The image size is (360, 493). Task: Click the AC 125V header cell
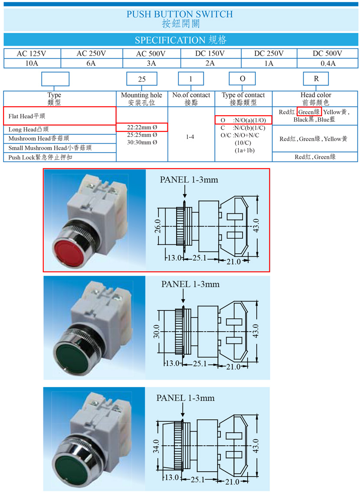31,53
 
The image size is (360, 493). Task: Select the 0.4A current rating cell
328,63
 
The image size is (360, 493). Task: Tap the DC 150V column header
210,53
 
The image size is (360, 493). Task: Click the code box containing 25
142,79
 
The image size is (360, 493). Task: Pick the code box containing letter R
316,78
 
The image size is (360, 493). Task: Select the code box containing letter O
242,78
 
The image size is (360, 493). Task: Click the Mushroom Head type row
60,139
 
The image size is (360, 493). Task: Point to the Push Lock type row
60,157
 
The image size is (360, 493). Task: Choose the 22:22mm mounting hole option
142,127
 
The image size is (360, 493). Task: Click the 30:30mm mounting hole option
142,142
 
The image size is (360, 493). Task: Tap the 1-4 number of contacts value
190,137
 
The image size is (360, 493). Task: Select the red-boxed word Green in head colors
309,112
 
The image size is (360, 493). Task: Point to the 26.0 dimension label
157,226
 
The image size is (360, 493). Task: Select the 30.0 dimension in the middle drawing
157,331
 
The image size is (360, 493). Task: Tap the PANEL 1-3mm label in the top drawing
189,180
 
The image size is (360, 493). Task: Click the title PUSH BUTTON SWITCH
180,14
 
